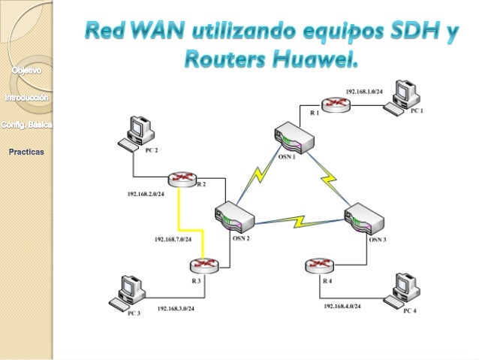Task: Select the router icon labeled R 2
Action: (181, 177)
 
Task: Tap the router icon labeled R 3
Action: (201, 264)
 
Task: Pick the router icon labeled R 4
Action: (320, 265)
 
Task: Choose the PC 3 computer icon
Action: (125, 292)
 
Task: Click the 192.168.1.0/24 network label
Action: (364, 90)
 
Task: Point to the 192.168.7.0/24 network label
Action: (173, 239)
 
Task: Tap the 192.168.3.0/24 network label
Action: (176, 308)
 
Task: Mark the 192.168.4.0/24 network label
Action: (342, 307)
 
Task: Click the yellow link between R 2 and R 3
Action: (181, 214)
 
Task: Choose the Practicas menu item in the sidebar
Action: (26, 152)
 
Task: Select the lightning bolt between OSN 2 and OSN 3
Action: (300, 222)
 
